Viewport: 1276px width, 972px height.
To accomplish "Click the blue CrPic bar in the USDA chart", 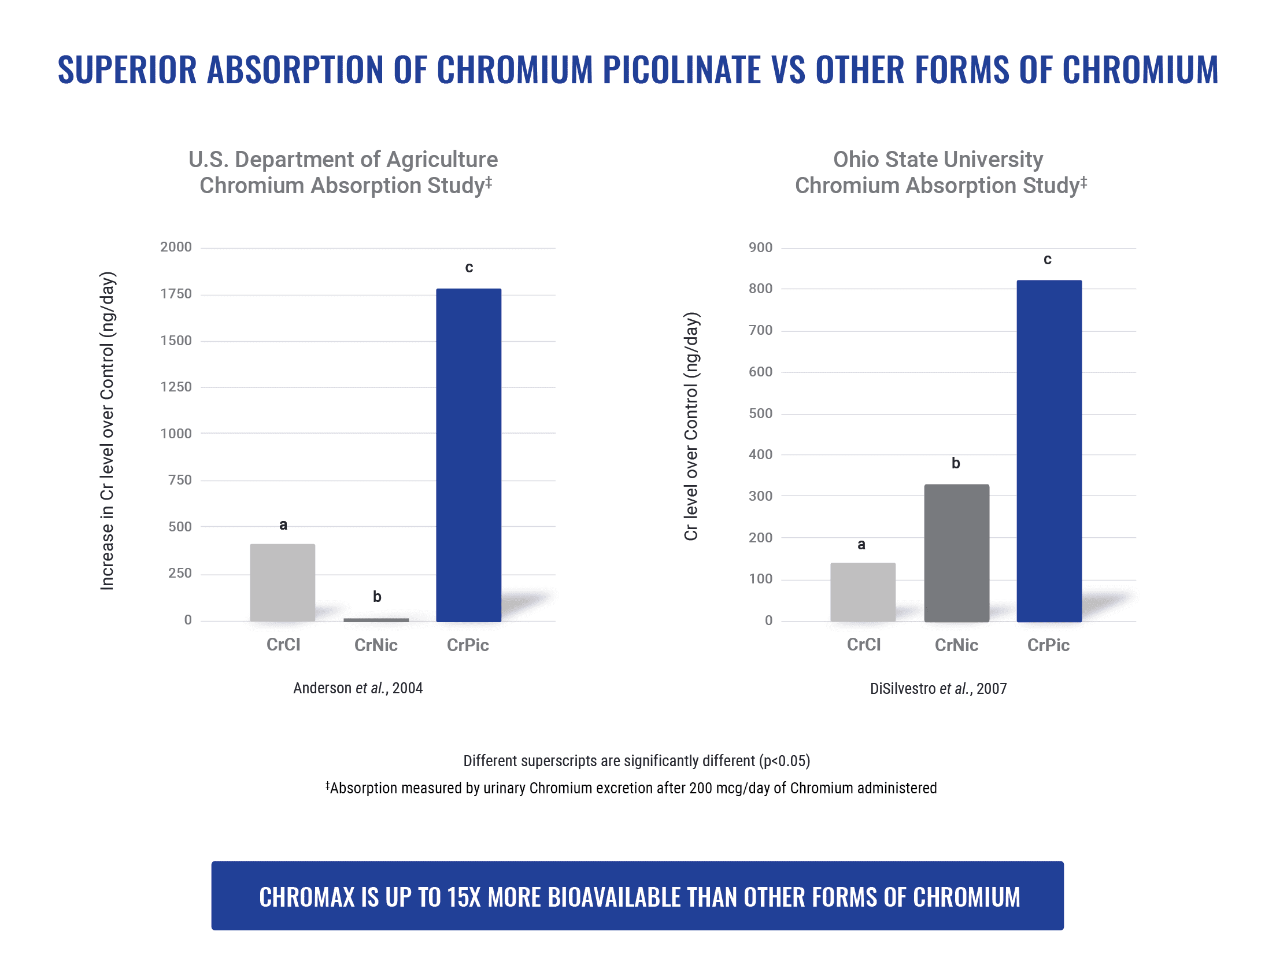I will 468,455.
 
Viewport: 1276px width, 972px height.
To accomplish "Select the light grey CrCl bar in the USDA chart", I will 282,582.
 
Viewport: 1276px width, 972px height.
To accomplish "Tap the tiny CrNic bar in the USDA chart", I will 376,620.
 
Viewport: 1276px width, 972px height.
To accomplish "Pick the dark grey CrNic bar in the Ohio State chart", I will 956,553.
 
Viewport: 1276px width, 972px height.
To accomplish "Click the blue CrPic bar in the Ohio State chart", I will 1049,451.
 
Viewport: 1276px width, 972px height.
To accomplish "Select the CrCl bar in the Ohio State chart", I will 863,592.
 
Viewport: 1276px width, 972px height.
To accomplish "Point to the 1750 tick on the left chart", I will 176,294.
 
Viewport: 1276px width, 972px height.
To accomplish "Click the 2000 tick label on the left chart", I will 176,247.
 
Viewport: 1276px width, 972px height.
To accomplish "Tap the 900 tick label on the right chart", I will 760,247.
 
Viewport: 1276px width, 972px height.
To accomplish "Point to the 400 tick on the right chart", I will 760,454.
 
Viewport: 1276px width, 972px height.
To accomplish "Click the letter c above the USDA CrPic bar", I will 469,267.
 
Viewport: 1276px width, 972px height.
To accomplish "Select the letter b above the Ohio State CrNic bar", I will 956,463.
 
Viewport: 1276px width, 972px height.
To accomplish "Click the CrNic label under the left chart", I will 376,645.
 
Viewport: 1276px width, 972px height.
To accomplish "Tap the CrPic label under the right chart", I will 1048,645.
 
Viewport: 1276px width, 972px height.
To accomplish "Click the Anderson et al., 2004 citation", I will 357,688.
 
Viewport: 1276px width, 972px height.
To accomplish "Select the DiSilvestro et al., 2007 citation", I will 938,689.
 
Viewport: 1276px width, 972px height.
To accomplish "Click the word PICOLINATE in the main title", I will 682,70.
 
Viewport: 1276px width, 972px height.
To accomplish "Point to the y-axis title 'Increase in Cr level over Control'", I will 108,431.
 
